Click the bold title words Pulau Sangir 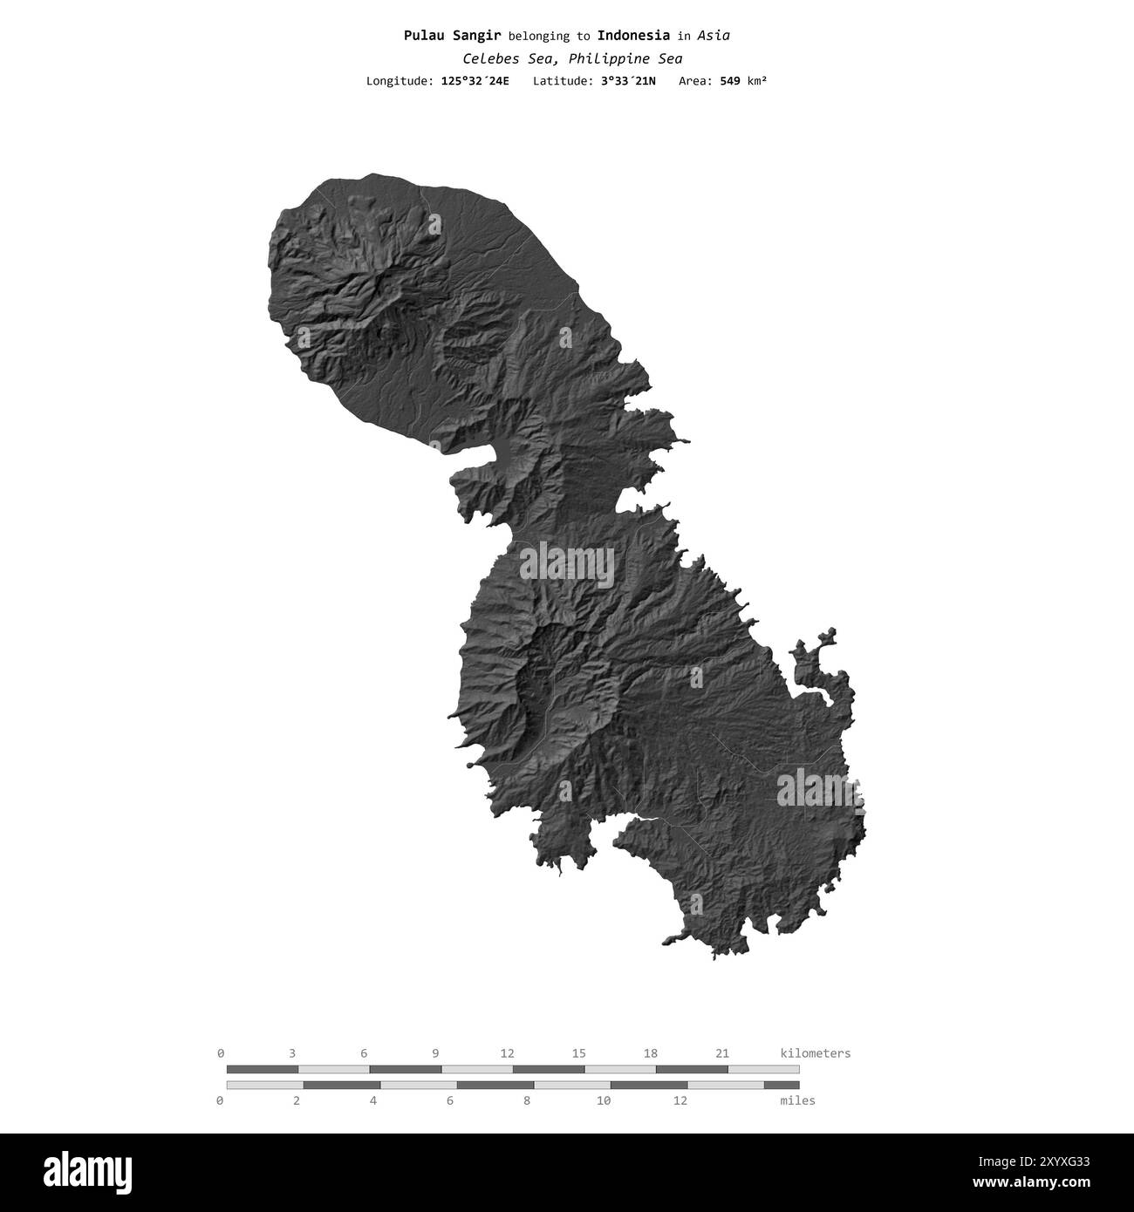pos(452,36)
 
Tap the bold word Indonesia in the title pos(633,36)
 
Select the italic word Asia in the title pos(714,36)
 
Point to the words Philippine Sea pos(626,58)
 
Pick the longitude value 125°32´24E pos(475,81)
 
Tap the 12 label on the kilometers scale pos(507,1053)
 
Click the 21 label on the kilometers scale pos(721,1053)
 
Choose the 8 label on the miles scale pos(527,1100)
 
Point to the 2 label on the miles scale pos(297,1100)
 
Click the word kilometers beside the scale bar pos(815,1053)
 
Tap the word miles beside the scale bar pos(797,1100)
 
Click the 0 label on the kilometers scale pos(221,1053)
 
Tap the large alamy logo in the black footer pos(78,1171)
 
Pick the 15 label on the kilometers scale pos(578,1053)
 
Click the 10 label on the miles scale pos(603,1100)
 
